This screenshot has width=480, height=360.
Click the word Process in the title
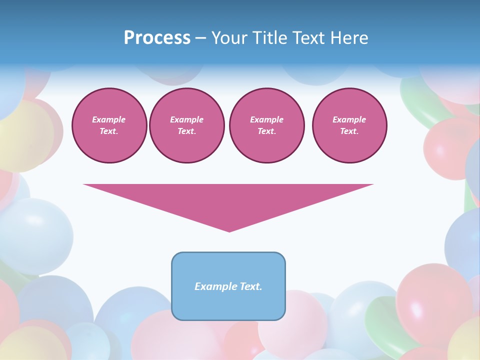pyautogui.click(x=157, y=38)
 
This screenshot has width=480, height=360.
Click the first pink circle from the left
pyautogui.click(x=109, y=125)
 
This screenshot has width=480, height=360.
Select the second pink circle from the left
pyautogui.click(x=186, y=125)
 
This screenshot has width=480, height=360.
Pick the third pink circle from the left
pyautogui.click(x=266, y=125)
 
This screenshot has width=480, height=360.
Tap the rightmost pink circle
pyautogui.click(x=349, y=125)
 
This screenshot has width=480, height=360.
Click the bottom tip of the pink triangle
pyautogui.click(x=229, y=230)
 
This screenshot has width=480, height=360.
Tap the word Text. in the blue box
pyautogui.click(x=250, y=286)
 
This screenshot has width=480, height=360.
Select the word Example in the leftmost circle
pyautogui.click(x=109, y=119)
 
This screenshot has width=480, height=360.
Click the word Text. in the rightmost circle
pyautogui.click(x=349, y=131)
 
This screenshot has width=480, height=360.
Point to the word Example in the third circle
pyautogui.click(x=266, y=119)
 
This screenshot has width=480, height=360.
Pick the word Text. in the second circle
pyautogui.click(x=186, y=131)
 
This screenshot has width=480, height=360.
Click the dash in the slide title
pyautogui.click(x=201, y=38)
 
